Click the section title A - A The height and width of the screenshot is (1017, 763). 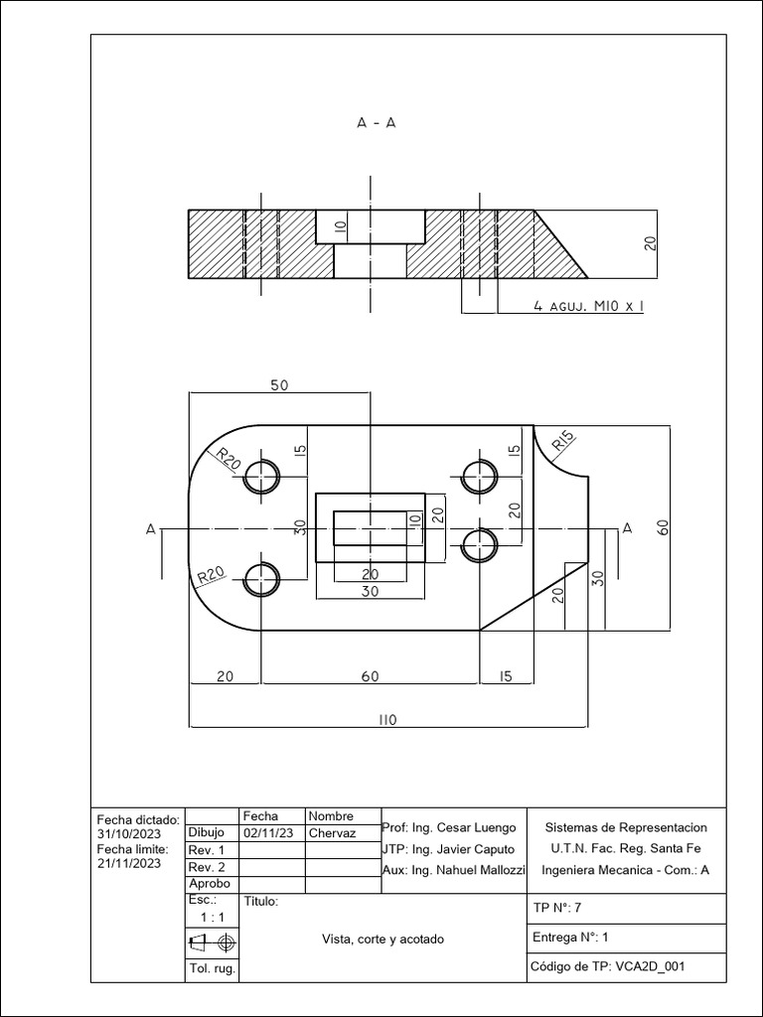[x=377, y=123]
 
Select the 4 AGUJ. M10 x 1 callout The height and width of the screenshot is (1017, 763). [x=588, y=307]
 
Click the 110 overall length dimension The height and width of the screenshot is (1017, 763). [x=386, y=721]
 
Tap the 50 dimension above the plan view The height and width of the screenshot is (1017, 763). [x=278, y=385]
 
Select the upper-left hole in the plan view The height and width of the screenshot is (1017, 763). [x=262, y=477]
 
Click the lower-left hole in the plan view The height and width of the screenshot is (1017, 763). [x=262, y=578]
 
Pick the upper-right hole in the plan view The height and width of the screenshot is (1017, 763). [x=480, y=477]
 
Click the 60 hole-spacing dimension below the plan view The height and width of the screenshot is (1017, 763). [x=370, y=676]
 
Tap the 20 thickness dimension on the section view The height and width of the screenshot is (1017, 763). [x=651, y=243]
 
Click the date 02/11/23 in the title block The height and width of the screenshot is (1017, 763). [x=266, y=833]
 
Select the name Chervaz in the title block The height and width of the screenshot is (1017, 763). [x=332, y=833]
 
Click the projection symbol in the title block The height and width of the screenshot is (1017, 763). [x=212, y=941]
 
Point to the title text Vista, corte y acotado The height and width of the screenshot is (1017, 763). [x=382, y=939]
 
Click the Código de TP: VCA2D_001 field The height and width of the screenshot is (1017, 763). [x=609, y=966]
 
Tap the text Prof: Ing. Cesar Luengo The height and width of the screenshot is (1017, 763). [x=449, y=827]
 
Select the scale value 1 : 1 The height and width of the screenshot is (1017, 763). [x=212, y=918]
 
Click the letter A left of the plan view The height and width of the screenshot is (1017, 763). [x=151, y=529]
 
